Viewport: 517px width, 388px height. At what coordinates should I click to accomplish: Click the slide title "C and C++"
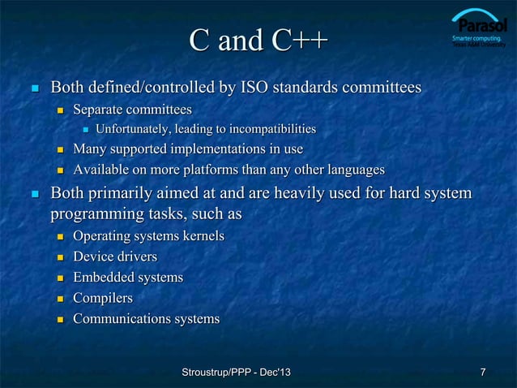258,39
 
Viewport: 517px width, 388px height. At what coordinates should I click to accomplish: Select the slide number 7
483,373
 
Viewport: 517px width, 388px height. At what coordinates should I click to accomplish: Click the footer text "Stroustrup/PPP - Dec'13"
237,373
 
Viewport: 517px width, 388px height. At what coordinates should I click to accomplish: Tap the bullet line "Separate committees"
132,108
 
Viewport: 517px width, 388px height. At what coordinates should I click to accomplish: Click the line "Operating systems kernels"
148,235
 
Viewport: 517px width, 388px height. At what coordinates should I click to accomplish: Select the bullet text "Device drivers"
115,257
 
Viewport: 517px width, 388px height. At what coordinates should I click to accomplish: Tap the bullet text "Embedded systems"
128,278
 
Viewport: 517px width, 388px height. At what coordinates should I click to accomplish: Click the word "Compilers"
103,299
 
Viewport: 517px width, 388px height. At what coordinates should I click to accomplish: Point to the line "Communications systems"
146,319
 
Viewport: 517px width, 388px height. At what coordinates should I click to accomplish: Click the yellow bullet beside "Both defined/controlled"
33,87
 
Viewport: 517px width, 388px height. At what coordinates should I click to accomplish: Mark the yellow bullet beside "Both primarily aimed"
33,195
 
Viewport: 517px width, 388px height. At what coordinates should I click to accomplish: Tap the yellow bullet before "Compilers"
59,300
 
